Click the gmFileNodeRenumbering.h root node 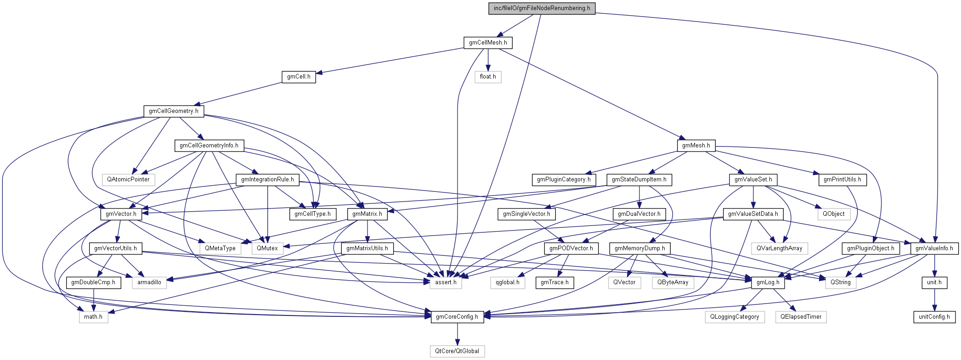coord(542,8)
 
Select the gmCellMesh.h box coord(488,43)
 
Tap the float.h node coord(488,77)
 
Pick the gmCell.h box coord(299,77)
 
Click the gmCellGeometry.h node coord(174,111)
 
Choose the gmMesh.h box coord(696,146)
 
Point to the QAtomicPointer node coord(128,180)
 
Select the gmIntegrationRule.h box coord(267,180)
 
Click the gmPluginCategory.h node coord(564,180)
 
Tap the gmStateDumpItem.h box coord(639,180)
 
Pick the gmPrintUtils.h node coord(842,180)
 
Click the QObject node coord(833,214)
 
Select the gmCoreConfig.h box coord(457,317)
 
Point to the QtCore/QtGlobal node coord(457,351)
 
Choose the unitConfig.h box coord(934,317)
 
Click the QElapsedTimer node coord(801,317)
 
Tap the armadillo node coord(149,282)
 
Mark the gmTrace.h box coord(554,282)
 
